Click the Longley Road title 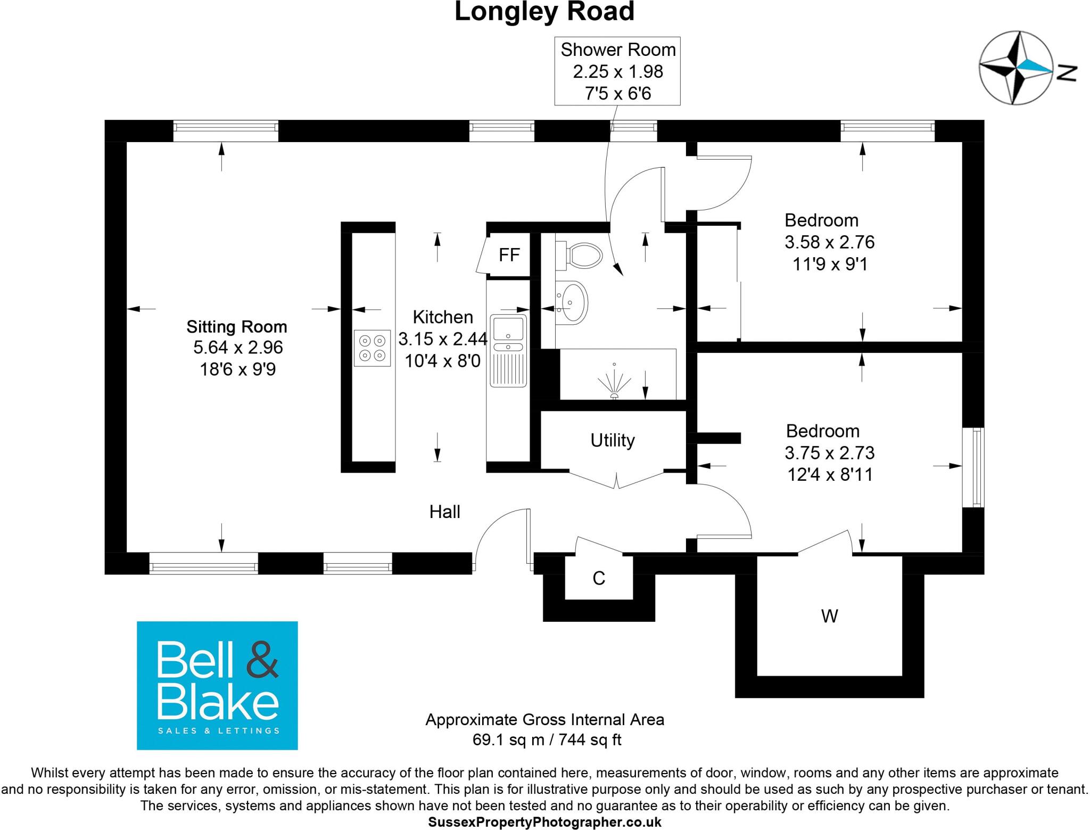click(544, 12)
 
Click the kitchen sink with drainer click(508, 350)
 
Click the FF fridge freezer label click(509, 255)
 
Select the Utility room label click(612, 440)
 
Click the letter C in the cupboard click(599, 578)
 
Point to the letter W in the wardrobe click(829, 617)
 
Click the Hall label click(444, 512)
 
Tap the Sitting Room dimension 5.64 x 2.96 click(238, 348)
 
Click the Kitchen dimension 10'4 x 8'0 click(442, 361)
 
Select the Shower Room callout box click(617, 71)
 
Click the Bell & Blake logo click(217, 685)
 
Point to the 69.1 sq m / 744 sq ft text click(547, 739)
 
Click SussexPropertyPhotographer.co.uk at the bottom click(544, 822)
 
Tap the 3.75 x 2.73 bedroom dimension click(829, 453)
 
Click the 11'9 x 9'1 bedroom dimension click(830, 264)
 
